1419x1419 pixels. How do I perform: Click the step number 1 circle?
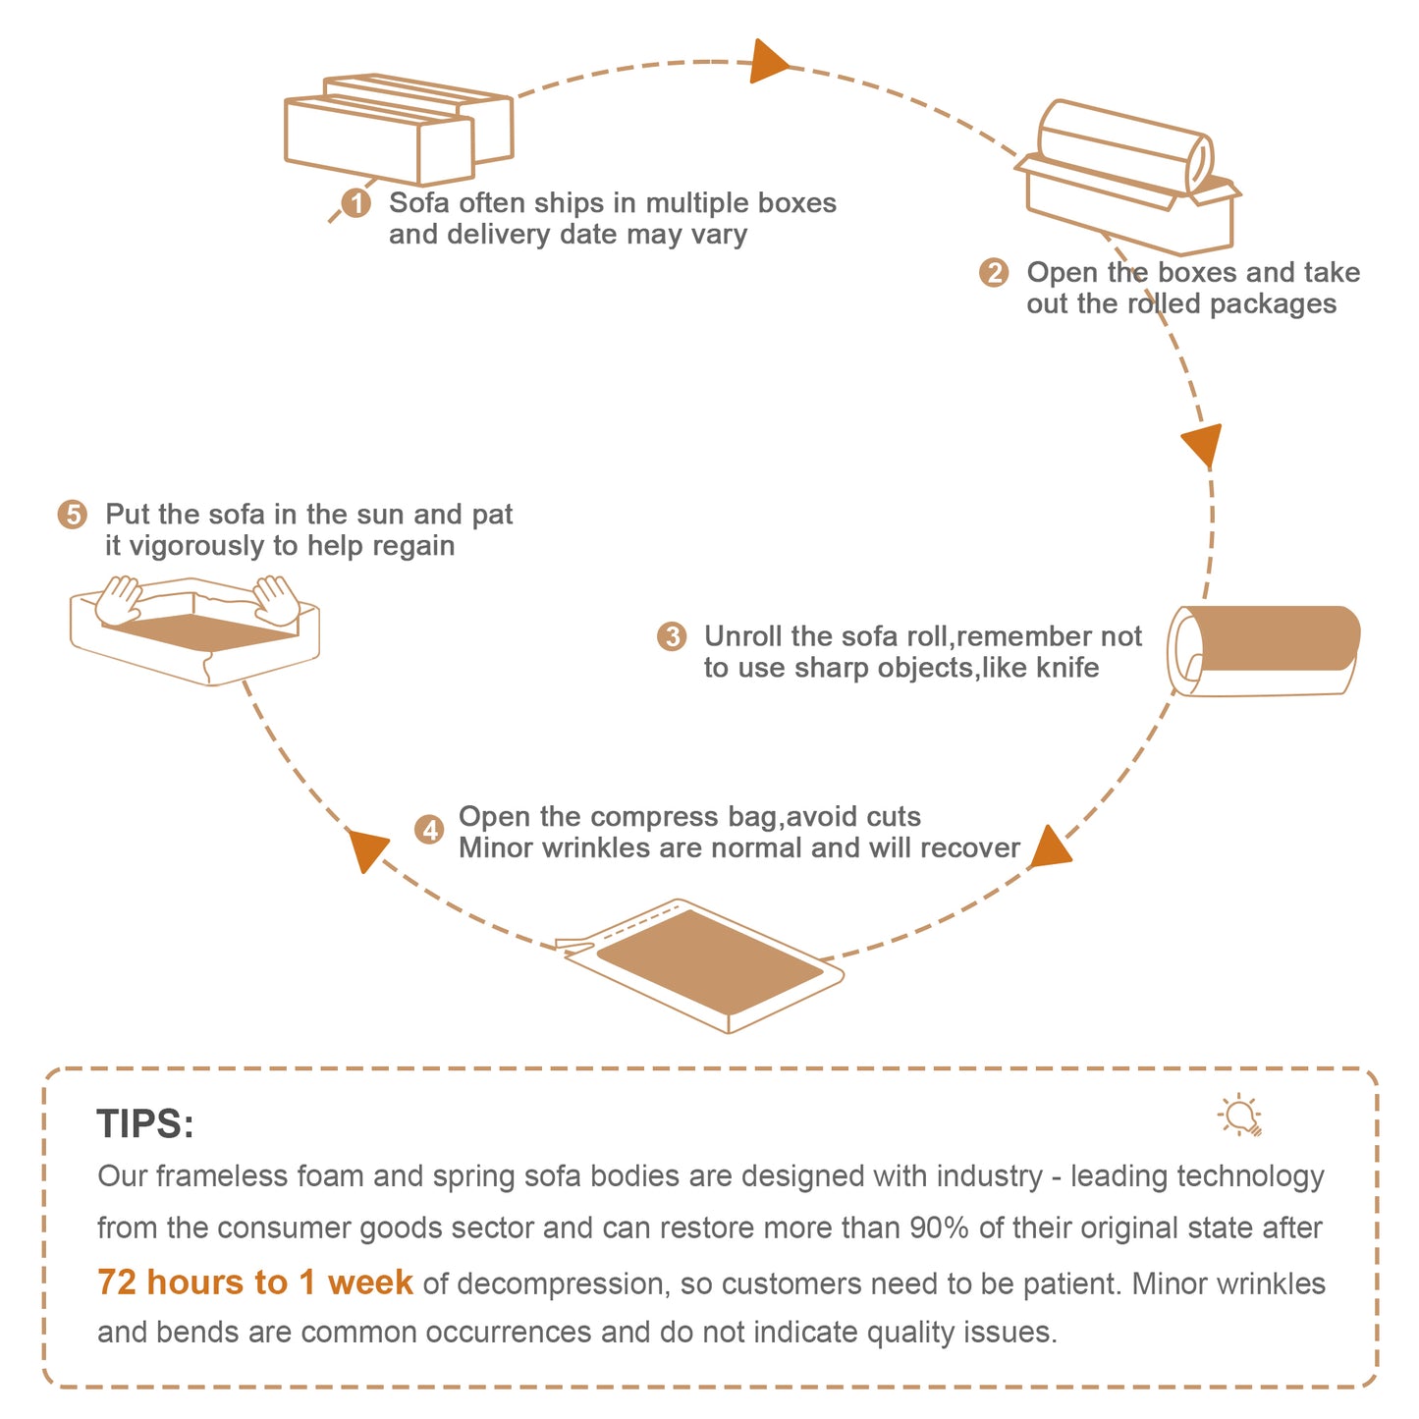(x=356, y=202)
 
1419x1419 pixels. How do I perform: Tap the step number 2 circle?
(x=994, y=272)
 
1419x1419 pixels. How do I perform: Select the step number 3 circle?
(x=672, y=636)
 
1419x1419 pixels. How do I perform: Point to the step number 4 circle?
(x=429, y=830)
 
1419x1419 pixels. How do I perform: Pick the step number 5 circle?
(x=72, y=514)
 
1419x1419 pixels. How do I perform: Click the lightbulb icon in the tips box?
(x=1240, y=1115)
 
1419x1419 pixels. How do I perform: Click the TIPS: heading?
(x=145, y=1124)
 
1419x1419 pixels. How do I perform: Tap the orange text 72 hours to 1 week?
(x=254, y=1283)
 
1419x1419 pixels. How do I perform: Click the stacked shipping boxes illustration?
(x=399, y=130)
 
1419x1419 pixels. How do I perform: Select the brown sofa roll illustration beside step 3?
(x=1264, y=650)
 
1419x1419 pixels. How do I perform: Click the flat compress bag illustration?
(x=699, y=965)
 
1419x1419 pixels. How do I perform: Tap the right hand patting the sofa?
(x=276, y=600)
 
